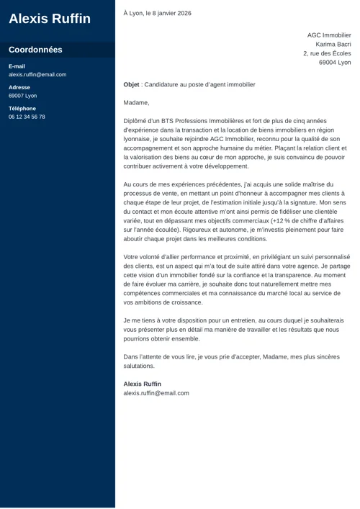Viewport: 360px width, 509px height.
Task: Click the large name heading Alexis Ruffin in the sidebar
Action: (x=50, y=19)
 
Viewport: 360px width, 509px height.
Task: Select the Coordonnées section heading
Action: (x=35, y=50)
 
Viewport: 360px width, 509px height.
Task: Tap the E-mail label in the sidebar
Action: (x=17, y=66)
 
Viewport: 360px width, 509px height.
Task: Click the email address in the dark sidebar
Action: (x=37, y=75)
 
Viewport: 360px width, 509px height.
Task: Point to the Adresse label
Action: (x=19, y=87)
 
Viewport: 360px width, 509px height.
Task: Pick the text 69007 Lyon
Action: (x=22, y=96)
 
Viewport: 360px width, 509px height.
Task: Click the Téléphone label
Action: (x=22, y=109)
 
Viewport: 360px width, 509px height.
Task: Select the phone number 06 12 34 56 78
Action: (x=27, y=117)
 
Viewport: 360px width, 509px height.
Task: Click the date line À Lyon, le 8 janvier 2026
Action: (x=157, y=13)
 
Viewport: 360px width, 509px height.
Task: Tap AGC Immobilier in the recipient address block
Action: (x=329, y=35)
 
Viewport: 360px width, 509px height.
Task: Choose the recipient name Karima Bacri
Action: (x=333, y=44)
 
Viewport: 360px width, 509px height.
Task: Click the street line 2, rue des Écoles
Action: (x=327, y=53)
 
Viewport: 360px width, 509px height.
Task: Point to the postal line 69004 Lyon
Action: (x=335, y=63)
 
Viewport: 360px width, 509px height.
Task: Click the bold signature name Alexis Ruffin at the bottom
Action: (x=143, y=384)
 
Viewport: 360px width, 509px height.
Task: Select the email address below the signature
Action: (x=156, y=393)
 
